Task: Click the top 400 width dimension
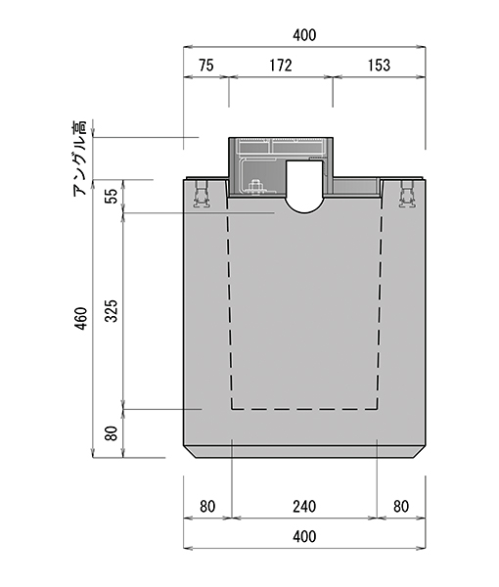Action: click(304, 35)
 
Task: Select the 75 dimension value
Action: click(206, 66)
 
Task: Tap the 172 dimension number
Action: click(281, 66)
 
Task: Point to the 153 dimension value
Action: click(379, 66)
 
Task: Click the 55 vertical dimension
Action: click(112, 196)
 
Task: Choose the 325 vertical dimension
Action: click(112, 311)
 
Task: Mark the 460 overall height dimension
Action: click(81, 318)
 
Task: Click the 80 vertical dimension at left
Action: click(112, 433)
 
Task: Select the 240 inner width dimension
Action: click(304, 507)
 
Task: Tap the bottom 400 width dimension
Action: click(304, 536)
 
